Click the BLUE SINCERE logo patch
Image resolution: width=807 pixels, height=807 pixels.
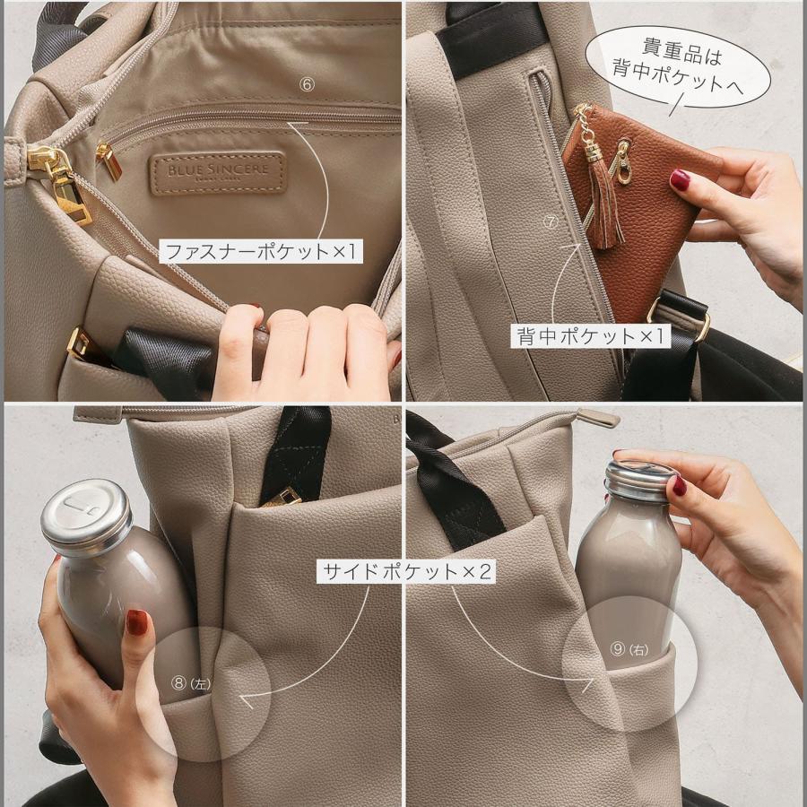click(x=218, y=172)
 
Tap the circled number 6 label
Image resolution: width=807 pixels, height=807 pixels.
click(x=308, y=83)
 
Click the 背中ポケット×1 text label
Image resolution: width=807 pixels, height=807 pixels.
click(x=592, y=336)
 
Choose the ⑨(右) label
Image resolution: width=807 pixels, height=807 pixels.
click(x=629, y=648)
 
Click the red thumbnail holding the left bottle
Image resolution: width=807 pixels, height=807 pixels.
click(x=136, y=621)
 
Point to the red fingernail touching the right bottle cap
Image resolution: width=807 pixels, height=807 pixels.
click(x=680, y=485)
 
